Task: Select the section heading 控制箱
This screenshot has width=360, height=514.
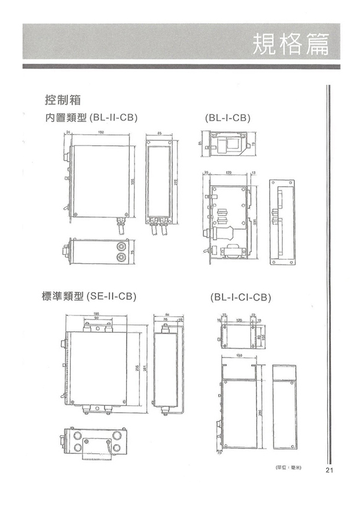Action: tap(62, 100)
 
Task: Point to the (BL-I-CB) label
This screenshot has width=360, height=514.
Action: tap(227, 118)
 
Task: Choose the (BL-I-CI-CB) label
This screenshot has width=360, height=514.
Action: tap(240, 297)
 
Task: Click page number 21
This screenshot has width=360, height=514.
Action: tap(329, 471)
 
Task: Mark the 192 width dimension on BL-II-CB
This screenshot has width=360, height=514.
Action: tap(101, 133)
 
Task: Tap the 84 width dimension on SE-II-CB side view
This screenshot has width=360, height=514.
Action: tap(166, 314)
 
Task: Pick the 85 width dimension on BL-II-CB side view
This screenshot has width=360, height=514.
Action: tap(160, 133)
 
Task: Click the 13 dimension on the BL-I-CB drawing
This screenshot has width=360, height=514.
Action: tap(253, 171)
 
